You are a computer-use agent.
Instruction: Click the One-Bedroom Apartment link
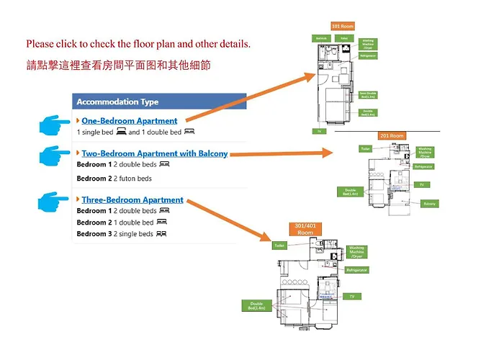click(x=130, y=121)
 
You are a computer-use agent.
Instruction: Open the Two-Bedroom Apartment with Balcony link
click(x=154, y=153)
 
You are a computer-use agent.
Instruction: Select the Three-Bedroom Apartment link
click(x=132, y=199)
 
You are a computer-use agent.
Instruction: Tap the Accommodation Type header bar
click(x=159, y=102)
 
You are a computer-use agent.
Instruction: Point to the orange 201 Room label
click(x=392, y=135)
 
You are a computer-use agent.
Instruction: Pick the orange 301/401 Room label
click(x=305, y=229)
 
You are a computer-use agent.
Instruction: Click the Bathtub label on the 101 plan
click(x=321, y=37)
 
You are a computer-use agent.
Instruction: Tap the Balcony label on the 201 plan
click(x=429, y=204)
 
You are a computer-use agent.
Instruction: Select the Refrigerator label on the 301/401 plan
click(x=356, y=270)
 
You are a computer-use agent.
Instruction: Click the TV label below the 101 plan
click(x=318, y=131)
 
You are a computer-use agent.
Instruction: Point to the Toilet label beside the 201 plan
click(x=364, y=149)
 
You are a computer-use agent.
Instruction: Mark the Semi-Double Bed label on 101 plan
click(x=368, y=94)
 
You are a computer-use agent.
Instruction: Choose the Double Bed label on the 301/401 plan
click(x=257, y=305)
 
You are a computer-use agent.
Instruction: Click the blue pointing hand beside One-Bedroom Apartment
click(x=55, y=127)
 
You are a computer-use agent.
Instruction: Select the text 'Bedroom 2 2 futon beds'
click(x=114, y=178)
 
